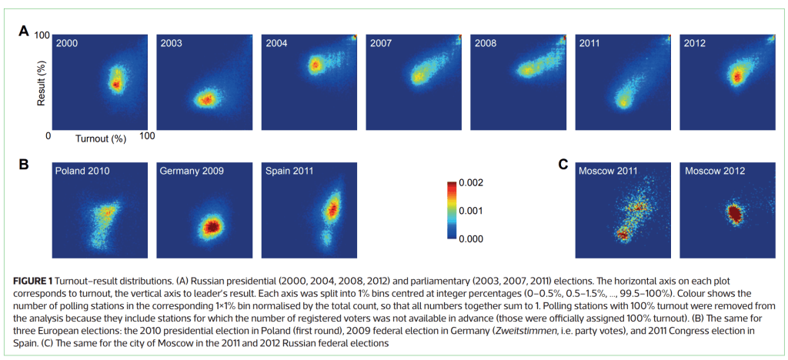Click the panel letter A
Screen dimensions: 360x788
(24, 32)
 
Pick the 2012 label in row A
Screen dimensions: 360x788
(696, 44)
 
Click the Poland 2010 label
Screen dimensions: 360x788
(82, 170)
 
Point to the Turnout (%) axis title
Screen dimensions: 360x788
(100, 138)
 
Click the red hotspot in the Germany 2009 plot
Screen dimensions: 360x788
(209, 226)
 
